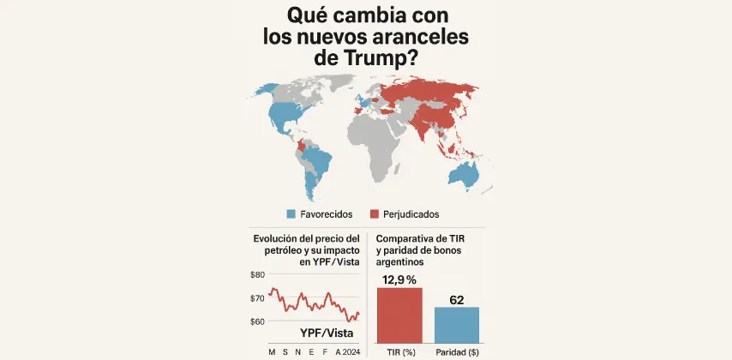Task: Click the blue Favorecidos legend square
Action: click(291, 213)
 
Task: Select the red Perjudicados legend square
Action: click(374, 213)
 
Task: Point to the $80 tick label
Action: click(257, 275)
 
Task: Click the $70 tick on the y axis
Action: click(257, 298)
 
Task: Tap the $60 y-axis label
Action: click(257, 321)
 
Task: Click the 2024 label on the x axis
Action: click(353, 351)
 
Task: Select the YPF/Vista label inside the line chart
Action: click(327, 333)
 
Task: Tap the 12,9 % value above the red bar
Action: click(399, 279)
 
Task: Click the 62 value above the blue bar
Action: click(457, 299)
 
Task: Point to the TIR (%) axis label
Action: click(399, 351)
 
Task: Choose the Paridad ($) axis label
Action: click(457, 351)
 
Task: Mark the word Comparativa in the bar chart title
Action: click(407, 237)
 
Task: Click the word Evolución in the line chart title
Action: click(279, 237)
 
